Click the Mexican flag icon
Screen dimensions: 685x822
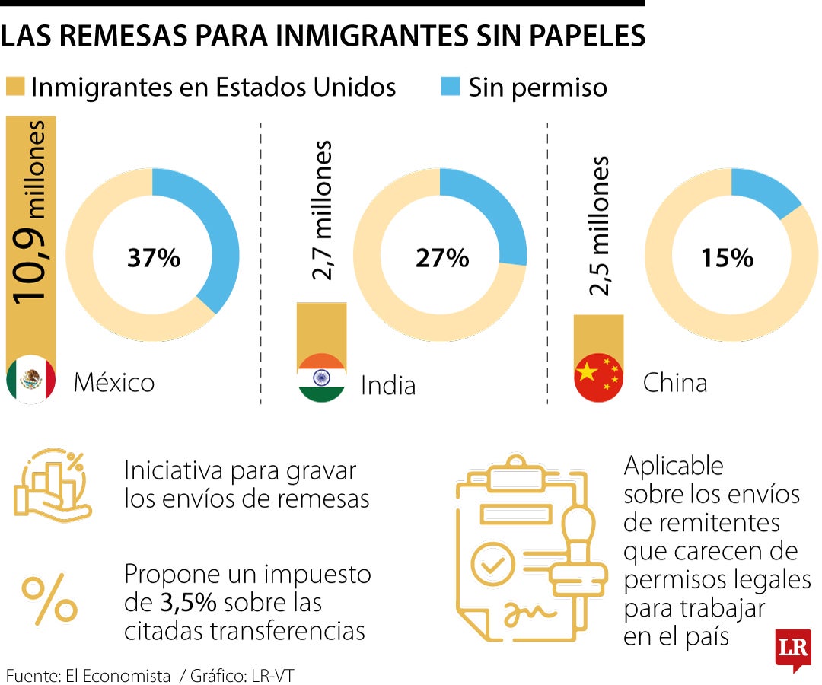31,378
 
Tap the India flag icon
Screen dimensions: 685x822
321,378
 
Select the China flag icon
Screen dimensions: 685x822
598,378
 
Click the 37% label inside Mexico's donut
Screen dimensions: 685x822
154,258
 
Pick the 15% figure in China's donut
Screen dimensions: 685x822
728,258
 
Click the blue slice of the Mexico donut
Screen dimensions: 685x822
213,228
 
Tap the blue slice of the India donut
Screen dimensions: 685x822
495,213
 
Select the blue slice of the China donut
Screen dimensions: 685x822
765,190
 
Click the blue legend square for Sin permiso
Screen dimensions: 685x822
450,87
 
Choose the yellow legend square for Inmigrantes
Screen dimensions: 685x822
14,87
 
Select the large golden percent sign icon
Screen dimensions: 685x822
49,601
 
